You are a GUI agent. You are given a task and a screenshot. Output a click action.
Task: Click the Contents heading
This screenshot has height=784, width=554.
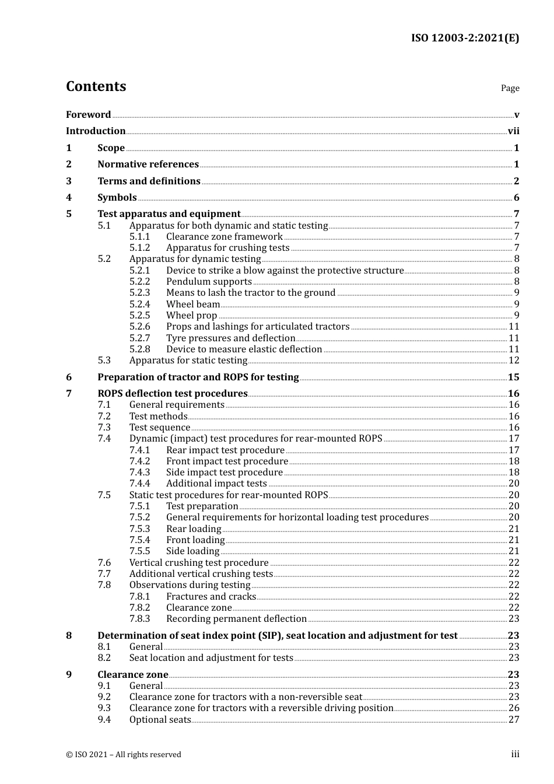(x=96, y=86)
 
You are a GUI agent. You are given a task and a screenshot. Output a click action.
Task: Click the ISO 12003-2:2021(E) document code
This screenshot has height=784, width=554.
(x=465, y=38)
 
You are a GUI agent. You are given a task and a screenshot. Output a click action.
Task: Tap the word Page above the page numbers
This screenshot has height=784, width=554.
(x=510, y=88)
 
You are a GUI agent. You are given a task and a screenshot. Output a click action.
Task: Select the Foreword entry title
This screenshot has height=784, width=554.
(x=88, y=115)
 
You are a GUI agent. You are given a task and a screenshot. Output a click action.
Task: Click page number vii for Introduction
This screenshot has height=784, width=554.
(x=513, y=131)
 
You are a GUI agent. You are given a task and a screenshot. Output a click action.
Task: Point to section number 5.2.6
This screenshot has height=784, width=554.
(x=139, y=327)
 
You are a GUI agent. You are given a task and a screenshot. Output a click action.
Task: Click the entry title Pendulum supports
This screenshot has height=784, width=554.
(x=209, y=282)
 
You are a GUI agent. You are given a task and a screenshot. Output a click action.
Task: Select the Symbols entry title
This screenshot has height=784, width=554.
(x=117, y=198)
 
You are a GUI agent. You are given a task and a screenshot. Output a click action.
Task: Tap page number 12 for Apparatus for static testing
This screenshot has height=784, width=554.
(x=514, y=360)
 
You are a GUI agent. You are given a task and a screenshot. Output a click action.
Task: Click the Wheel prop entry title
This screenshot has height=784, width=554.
(x=191, y=316)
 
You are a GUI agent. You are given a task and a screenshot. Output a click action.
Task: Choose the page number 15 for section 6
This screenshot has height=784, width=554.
(x=513, y=377)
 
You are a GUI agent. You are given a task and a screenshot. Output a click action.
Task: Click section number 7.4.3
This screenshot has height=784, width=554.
(x=139, y=473)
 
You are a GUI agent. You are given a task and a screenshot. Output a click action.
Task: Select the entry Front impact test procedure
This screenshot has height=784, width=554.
(x=227, y=461)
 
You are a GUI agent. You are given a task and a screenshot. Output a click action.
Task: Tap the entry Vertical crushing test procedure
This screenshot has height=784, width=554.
(x=199, y=563)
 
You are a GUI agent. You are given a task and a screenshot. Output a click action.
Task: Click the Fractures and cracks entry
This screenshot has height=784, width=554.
(x=211, y=597)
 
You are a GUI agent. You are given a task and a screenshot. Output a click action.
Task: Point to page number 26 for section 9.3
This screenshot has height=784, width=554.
(x=514, y=708)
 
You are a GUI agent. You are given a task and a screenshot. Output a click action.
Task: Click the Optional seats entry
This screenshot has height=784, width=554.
(x=160, y=720)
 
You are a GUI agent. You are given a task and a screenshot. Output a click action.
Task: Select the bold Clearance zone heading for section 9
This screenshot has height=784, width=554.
(x=132, y=675)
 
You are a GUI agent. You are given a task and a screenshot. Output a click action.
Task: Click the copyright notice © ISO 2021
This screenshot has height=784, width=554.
(x=123, y=755)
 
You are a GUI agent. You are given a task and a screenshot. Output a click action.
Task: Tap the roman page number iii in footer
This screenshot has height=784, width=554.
(x=515, y=754)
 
